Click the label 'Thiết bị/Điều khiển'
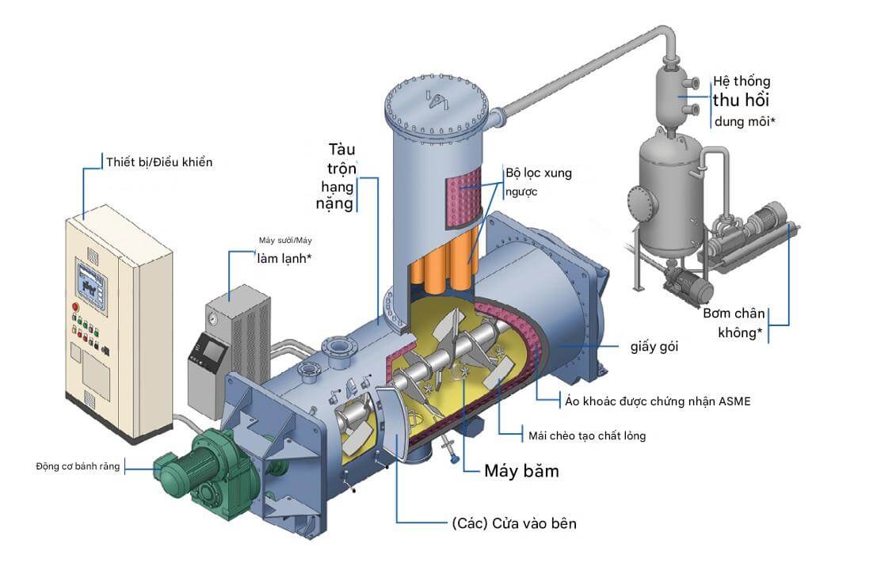click(159, 162)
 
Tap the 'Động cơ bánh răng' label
click(78, 466)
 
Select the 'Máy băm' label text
click(521, 471)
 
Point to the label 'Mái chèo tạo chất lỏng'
click(582, 435)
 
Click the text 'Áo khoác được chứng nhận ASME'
click(657, 401)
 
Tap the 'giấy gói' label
click(654, 346)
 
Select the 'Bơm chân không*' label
click(733, 322)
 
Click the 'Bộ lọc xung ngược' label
click(538, 181)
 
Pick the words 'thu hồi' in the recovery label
click(740, 101)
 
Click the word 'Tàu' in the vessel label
click(343, 150)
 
